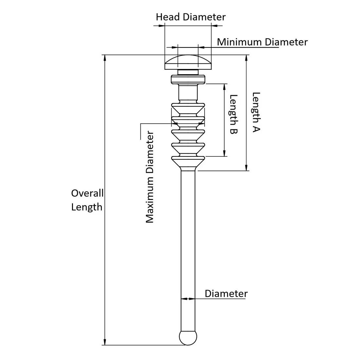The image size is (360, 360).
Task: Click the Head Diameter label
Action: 190,17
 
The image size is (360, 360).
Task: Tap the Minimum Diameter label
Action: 262,42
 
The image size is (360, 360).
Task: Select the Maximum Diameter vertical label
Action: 150,177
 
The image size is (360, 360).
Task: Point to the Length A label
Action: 256,112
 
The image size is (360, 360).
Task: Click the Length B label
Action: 233,115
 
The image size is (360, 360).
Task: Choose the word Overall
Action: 87,193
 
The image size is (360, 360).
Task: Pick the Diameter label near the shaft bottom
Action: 226,294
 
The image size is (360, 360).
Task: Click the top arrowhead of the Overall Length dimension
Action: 105,58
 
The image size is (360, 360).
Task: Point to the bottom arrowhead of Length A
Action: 246,168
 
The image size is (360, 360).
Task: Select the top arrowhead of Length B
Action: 225,87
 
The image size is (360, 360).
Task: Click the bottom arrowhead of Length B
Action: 225,153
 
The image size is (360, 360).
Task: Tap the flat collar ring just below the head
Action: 188,79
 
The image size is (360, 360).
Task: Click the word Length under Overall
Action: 87,207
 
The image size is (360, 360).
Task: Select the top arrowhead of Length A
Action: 246,58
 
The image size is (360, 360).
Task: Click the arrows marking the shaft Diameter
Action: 188,298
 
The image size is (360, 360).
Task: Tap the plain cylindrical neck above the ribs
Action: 188,93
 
